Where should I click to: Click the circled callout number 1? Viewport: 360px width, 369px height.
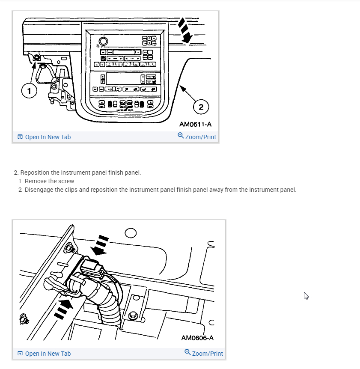[x=29, y=90]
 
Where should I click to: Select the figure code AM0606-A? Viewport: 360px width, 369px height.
[x=197, y=338]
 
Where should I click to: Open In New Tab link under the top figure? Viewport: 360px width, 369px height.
[x=44, y=137]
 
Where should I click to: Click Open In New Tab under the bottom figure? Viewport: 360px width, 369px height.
[x=44, y=354]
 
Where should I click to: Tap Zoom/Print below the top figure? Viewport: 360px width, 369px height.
[x=197, y=137]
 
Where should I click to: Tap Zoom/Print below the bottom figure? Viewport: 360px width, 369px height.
[x=204, y=354]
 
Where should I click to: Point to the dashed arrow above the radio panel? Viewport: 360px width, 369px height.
[x=185, y=31]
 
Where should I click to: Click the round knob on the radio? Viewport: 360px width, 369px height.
[x=103, y=41]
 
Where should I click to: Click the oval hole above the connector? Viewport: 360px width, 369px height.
[x=131, y=233]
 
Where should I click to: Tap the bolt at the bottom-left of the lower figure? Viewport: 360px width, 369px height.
[x=24, y=320]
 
